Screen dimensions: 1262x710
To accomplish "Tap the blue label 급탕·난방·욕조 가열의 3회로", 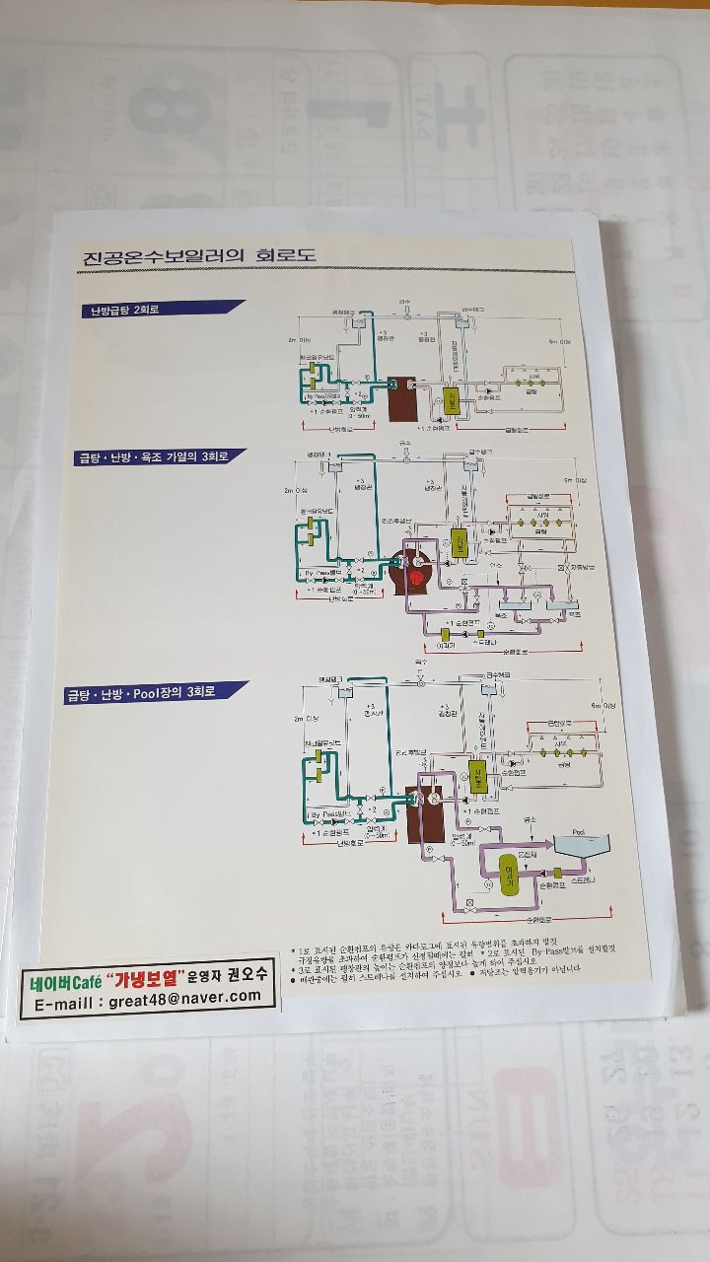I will coord(160,456).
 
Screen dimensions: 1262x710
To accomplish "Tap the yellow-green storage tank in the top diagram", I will coord(455,401).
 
